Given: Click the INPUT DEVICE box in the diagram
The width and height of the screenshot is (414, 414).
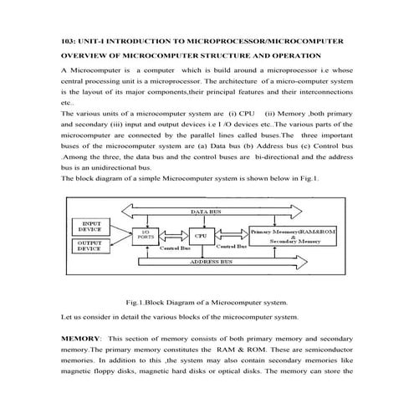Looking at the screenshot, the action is [89, 227].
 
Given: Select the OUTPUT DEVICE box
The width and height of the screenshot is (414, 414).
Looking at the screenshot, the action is [89, 246].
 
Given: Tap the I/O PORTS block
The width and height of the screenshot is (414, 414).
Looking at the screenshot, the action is [143, 238].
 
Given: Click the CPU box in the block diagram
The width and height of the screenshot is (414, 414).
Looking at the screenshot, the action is [200, 236].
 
